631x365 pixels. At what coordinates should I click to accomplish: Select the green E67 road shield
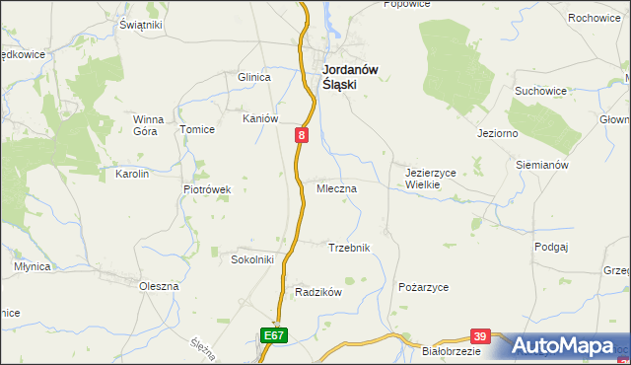(275, 336)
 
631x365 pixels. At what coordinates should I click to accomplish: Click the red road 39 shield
(480, 336)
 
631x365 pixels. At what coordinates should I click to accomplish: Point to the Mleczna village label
(336, 186)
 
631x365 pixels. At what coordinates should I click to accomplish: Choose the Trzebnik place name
(348, 248)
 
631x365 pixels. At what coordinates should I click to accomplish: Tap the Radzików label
(318, 292)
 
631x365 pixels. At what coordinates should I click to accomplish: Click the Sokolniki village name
(251, 259)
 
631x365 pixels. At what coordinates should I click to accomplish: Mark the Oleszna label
(159, 286)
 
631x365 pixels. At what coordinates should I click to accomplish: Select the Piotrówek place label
(207, 189)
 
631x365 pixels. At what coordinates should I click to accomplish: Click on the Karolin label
(132, 174)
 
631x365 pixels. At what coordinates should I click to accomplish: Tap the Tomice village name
(195, 129)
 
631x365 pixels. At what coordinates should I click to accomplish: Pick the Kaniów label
(261, 118)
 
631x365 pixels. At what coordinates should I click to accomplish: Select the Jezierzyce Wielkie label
(430, 178)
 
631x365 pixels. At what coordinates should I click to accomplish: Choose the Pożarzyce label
(423, 286)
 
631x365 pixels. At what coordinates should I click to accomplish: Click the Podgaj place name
(552, 247)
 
